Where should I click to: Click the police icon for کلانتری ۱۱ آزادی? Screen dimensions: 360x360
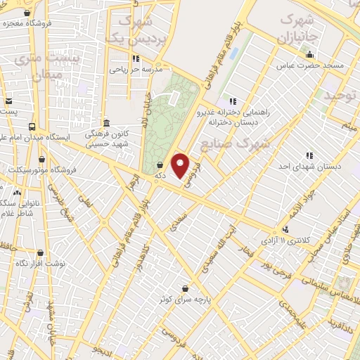285,229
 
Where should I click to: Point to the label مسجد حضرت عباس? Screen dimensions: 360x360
310,65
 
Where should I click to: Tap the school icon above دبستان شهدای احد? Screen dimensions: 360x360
309,155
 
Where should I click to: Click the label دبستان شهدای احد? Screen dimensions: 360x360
309,167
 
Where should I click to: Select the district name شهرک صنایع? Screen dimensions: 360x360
235,144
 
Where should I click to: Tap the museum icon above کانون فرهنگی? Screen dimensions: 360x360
105,122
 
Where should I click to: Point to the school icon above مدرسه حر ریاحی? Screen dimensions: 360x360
136,58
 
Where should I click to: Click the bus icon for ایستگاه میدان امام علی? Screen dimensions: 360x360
32,127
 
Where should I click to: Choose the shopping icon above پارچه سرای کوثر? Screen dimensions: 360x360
185,288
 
